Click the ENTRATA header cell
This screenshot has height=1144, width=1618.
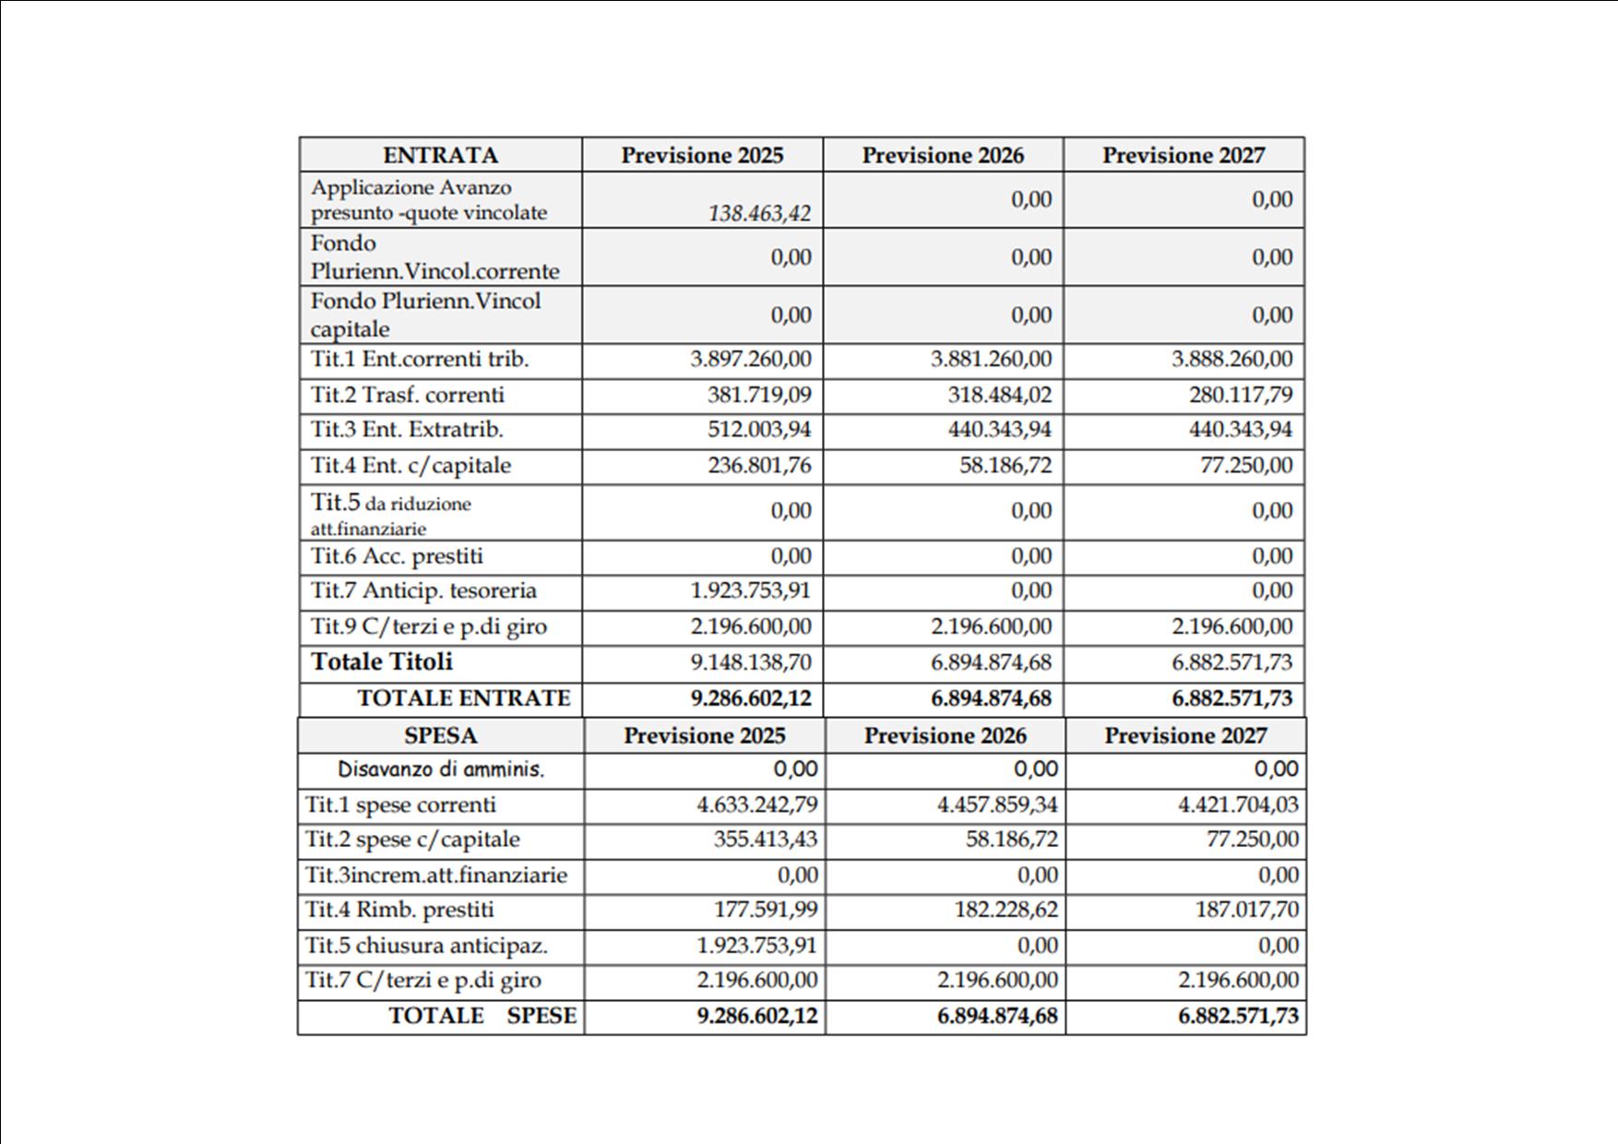[440, 155]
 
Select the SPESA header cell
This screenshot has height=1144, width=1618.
[440, 735]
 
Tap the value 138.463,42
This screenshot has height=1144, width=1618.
[759, 213]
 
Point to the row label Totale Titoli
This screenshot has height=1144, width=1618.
[382, 661]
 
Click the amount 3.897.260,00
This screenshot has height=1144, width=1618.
[751, 359]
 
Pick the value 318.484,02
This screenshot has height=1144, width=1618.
[999, 395]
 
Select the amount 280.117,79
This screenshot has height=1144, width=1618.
[1241, 395]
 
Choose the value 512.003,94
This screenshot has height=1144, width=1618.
[759, 430]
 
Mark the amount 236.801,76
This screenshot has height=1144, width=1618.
[759, 465]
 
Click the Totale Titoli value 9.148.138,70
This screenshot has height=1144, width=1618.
[751, 662]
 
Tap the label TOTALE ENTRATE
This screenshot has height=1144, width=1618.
[464, 698]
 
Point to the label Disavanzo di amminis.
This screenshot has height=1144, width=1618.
[441, 769]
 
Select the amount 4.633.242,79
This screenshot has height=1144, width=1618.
[756, 804]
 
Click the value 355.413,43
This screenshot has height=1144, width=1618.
[765, 840]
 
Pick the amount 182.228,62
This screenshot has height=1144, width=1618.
[1005, 910]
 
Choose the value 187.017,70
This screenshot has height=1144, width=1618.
[1247, 910]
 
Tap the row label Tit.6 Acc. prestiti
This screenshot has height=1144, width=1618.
[397, 556]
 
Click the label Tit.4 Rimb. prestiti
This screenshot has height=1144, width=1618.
[399, 910]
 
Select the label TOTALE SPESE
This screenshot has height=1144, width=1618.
[482, 1016]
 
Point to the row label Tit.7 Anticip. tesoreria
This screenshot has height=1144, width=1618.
[423, 590]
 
